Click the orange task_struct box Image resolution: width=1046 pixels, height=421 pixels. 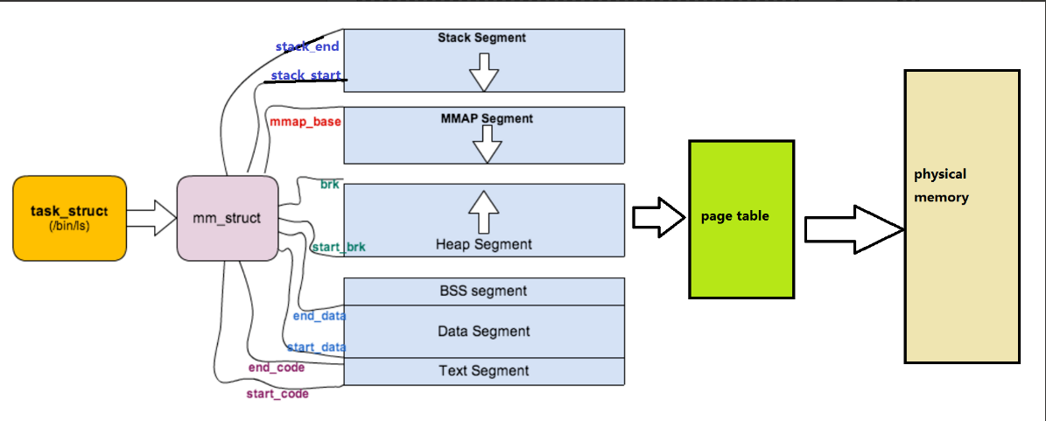(x=69, y=218)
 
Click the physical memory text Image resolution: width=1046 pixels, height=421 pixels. (x=941, y=186)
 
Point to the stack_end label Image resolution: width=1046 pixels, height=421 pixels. (x=306, y=46)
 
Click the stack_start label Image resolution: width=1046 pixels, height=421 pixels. (x=305, y=76)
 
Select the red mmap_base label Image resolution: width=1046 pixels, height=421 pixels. (x=305, y=122)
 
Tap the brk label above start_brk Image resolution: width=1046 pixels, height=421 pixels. (x=330, y=185)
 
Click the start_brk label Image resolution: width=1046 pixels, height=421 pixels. (x=339, y=248)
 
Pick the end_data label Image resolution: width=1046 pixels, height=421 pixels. (x=319, y=316)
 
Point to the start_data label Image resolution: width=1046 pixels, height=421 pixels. (x=317, y=347)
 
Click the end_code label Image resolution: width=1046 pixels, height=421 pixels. (x=277, y=368)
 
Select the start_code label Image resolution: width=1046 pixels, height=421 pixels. (x=277, y=394)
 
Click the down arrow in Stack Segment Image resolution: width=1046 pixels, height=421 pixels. (x=483, y=71)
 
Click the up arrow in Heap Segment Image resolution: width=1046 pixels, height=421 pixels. (x=483, y=211)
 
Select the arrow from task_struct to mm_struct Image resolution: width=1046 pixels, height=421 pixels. (x=152, y=218)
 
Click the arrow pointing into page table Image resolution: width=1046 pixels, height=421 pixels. (x=657, y=217)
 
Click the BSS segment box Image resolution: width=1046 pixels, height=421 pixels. (x=483, y=291)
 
